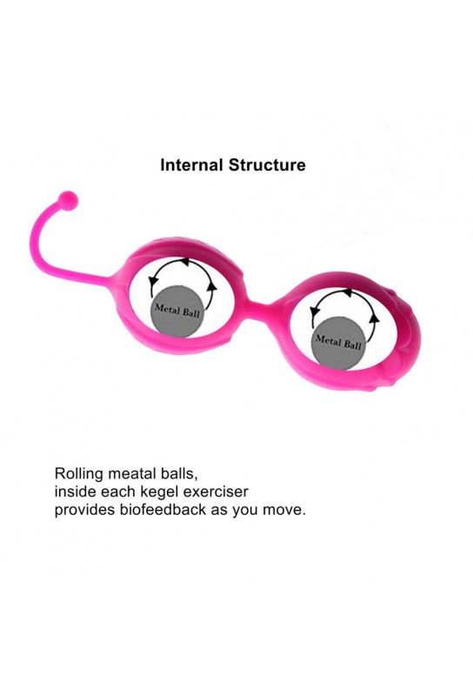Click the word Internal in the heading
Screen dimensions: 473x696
(x=191, y=164)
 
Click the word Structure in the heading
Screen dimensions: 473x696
(x=267, y=164)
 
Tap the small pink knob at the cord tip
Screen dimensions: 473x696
(x=69, y=200)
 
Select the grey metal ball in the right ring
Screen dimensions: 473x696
(x=339, y=342)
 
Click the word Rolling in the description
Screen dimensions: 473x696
(x=78, y=473)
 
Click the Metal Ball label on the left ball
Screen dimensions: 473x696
(x=177, y=310)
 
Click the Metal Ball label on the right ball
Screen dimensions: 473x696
(x=338, y=342)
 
